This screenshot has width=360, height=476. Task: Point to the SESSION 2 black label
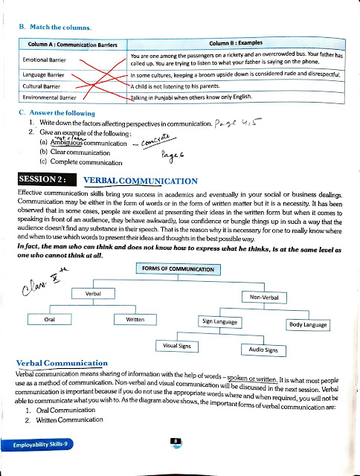pos(43,180)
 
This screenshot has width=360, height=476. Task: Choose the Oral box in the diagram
pos(48,320)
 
